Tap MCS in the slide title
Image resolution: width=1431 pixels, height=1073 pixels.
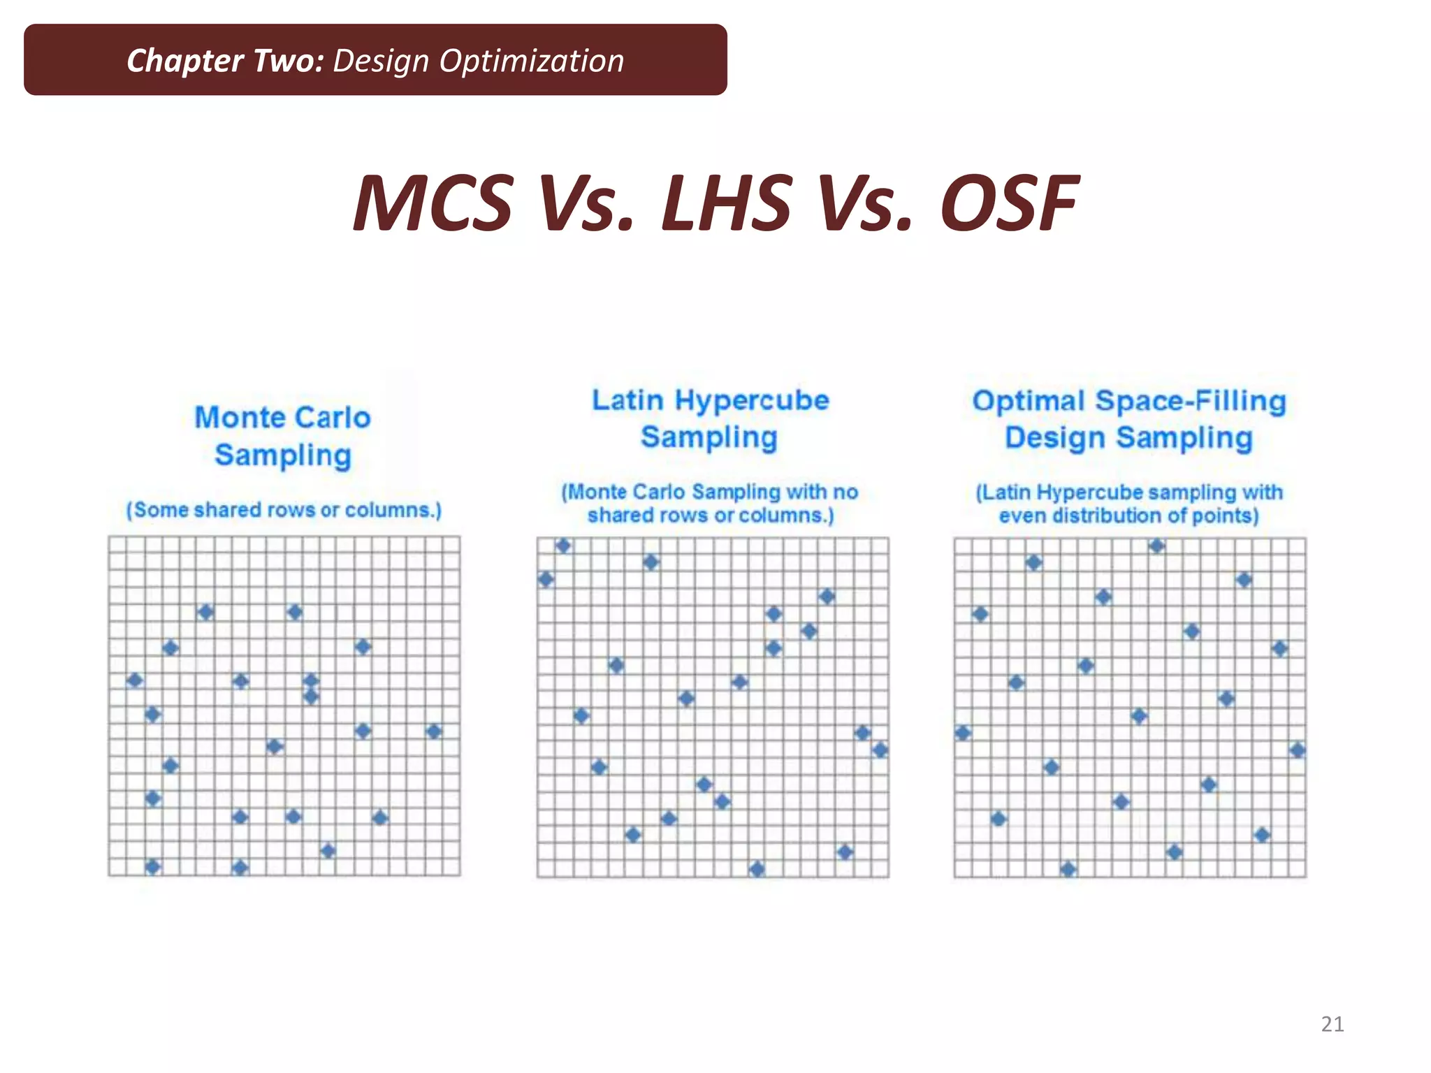click(x=433, y=203)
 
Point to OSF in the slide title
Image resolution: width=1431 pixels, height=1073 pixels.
click(x=1009, y=203)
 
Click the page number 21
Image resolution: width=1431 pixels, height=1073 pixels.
click(x=1332, y=1024)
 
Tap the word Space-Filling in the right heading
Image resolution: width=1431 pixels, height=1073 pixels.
click(x=1191, y=401)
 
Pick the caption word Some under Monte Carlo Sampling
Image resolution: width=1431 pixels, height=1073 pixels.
click(x=161, y=510)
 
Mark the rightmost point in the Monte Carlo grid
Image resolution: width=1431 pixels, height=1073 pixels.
click(x=434, y=731)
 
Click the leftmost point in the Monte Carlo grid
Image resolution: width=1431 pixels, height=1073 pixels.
click(x=135, y=680)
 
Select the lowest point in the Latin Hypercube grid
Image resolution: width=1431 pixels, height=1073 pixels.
click(x=757, y=869)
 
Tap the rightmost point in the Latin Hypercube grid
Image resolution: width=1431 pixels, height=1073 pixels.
click(x=880, y=750)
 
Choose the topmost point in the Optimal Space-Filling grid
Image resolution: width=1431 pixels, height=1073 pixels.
click(x=1156, y=546)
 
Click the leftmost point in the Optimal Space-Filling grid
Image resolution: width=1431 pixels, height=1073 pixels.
click(x=963, y=733)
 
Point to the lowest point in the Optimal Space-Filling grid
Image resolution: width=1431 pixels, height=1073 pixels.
click(x=1068, y=869)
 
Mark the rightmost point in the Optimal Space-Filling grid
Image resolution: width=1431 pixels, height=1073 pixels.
click(x=1298, y=750)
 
